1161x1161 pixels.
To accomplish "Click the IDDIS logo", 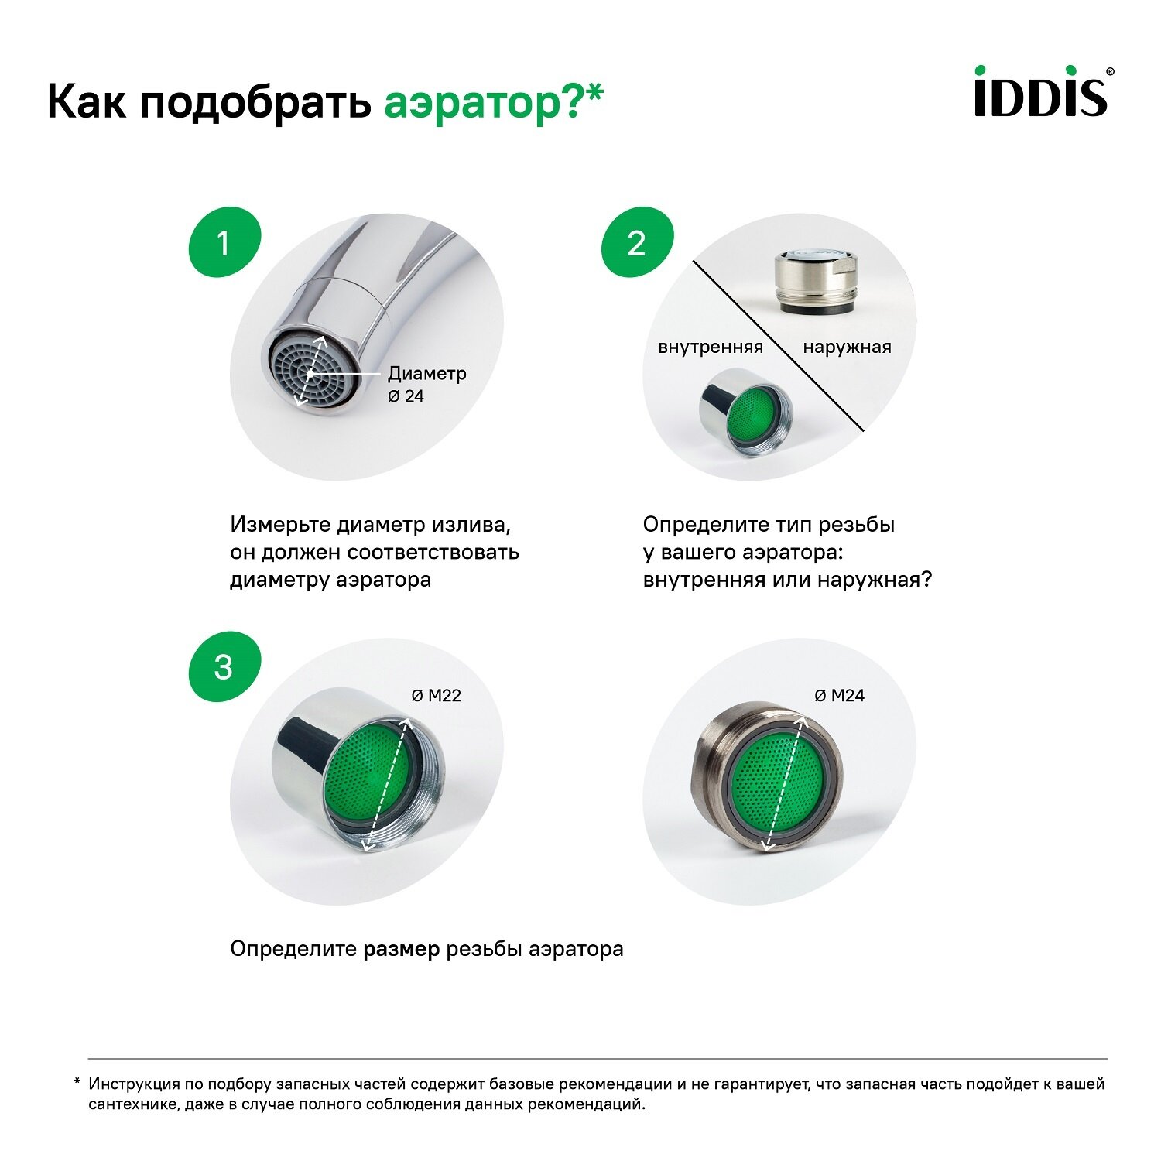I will coord(1042,91).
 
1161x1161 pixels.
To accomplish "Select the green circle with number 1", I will coord(224,243).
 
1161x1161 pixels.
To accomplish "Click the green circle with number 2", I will coord(637,243).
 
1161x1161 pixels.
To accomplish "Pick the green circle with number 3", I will coord(224,667).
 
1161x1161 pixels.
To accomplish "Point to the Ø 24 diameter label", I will coord(406,396).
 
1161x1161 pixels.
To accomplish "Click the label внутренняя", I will coord(710,347).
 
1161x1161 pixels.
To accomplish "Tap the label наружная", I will coord(847,347).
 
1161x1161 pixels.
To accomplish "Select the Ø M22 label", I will coord(436,695).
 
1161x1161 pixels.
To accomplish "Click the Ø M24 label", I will coord(839,695).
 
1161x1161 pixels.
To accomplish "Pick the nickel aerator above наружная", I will coord(816,282).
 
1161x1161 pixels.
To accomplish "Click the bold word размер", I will coord(402,949).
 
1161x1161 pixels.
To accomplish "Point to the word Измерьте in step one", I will coord(281,525).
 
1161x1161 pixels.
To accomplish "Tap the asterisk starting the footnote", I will coord(77,1082).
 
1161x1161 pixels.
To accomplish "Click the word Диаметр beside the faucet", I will coord(426,373).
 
